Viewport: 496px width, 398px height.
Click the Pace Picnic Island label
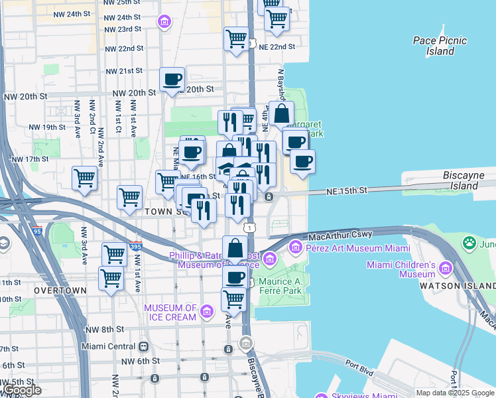point(440,46)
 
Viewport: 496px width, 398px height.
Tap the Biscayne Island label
point(469,180)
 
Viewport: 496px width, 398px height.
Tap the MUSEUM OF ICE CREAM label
point(170,312)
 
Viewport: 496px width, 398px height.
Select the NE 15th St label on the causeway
point(346,190)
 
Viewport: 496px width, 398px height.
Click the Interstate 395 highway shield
point(136,246)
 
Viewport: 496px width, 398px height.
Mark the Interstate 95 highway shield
point(36,232)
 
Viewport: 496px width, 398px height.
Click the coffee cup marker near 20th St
point(172,80)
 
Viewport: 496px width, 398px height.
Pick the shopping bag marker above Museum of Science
point(235,249)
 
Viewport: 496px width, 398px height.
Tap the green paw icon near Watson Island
point(470,243)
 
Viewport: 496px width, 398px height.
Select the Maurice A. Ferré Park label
point(279,286)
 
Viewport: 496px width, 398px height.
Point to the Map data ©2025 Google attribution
point(454,393)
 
